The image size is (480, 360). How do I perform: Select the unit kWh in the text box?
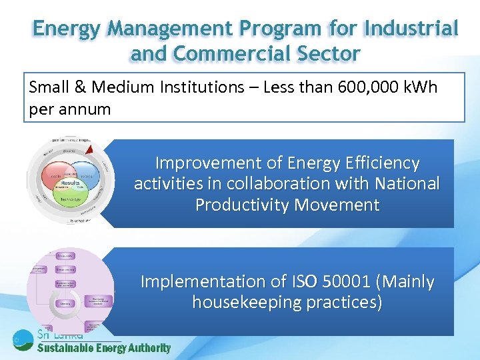(419, 87)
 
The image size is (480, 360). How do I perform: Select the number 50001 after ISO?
(346, 282)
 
